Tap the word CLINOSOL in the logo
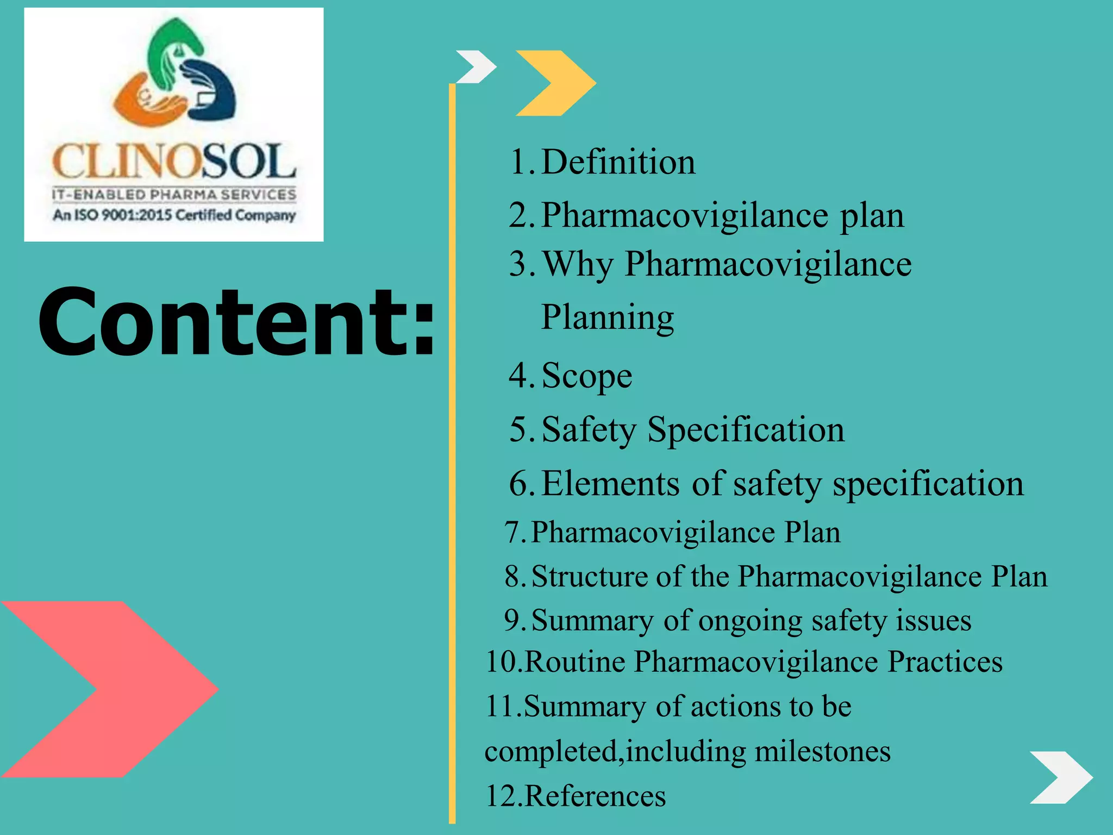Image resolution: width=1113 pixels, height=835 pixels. click(174, 162)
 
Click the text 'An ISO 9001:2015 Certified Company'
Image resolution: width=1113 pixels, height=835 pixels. click(174, 215)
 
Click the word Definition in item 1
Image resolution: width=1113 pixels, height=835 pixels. click(618, 162)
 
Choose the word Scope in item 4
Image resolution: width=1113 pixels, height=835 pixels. click(587, 376)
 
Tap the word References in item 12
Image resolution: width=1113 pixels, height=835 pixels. click(595, 796)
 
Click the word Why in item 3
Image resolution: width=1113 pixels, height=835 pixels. click(577, 265)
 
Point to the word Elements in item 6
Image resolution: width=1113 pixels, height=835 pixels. click(610, 483)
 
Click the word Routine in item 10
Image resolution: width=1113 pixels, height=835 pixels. click(575, 662)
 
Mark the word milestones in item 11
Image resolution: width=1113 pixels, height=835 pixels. click(822, 751)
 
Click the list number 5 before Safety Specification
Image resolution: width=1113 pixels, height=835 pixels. click(518, 429)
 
